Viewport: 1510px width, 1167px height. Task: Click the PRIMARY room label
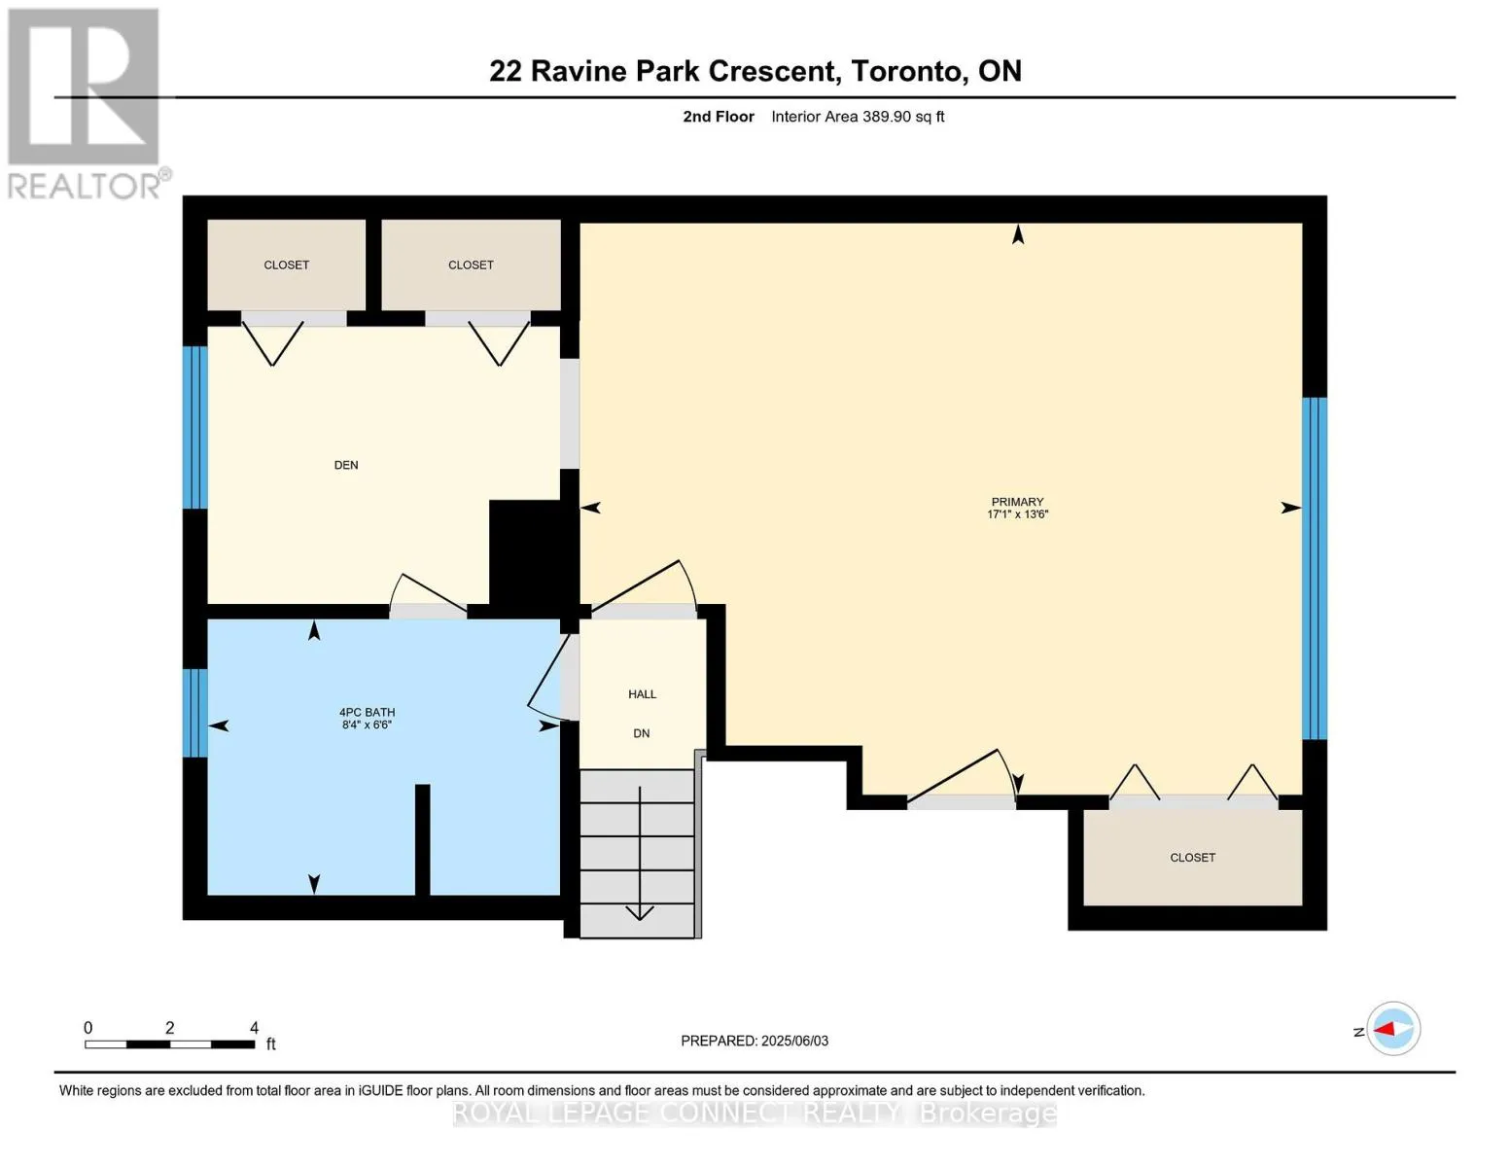(x=1017, y=502)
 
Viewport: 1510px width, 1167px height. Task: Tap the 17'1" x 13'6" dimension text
(x=1017, y=514)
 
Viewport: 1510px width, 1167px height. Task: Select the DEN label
(x=346, y=465)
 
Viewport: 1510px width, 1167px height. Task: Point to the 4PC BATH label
(x=367, y=713)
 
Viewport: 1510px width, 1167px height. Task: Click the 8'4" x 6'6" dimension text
(x=367, y=725)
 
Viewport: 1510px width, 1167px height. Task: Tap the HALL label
(x=642, y=694)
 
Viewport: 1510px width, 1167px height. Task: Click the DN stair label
(x=642, y=733)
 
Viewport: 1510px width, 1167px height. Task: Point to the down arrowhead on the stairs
(x=640, y=912)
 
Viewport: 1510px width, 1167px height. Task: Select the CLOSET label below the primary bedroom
(x=1192, y=858)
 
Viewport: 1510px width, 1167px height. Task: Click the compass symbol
(x=1393, y=1029)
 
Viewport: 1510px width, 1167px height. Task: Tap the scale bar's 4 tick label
(x=255, y=1027)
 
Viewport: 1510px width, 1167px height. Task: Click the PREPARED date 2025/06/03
(x=795, y=1041)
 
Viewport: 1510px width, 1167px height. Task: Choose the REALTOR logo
(x=84, y=103)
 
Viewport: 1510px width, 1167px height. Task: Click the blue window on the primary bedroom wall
(x=1314, y=569)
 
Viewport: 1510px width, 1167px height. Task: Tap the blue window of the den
(x=195, y=428)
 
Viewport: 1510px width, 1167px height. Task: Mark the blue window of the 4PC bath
(x=195, y=713)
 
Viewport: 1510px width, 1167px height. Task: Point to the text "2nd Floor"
(x=719, y=117)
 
